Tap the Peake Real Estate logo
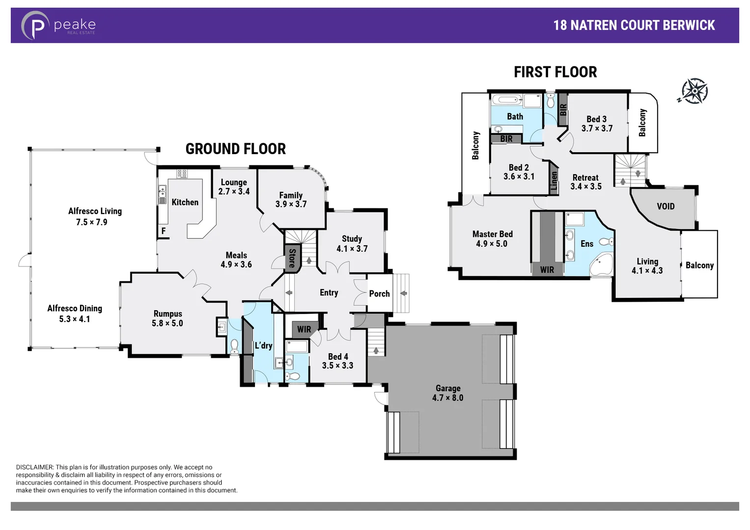coord(58,26)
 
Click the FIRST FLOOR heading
coord(555,72)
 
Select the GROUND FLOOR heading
coord(235,149)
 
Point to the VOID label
coord(666,207)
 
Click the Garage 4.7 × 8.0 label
coord(447,393)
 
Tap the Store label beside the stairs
coord(292,258)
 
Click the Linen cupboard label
coord(554,181)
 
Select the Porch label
coord(379,293)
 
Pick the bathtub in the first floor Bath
coord(507,100)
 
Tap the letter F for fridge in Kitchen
coord(164,231)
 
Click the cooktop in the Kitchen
coord(182,173)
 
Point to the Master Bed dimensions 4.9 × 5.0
coord(492,244)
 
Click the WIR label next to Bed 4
coord(304,329)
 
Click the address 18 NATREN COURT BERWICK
coord(634,26)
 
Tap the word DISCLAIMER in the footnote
coord(34,467)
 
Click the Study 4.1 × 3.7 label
coord(352,244)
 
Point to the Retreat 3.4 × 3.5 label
coord(585,182)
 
